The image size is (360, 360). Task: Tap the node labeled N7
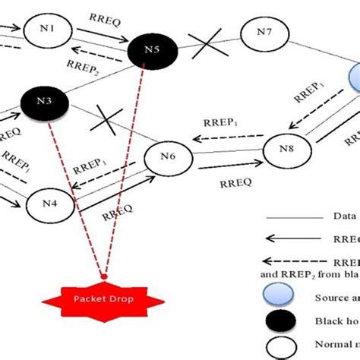point(264,32)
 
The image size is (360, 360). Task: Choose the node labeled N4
point(49,203)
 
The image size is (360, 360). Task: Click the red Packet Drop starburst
point(103,299)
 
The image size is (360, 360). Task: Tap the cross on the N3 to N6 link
point(109,119)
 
